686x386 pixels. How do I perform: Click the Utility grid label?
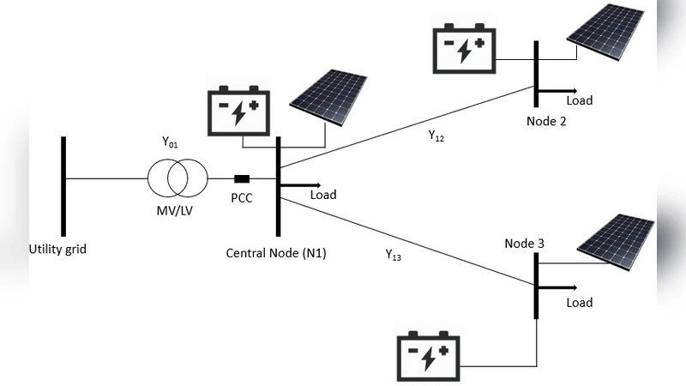[x=57, y=250]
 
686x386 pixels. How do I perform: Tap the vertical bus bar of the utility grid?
[x=63, y=185]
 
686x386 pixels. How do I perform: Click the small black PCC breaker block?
[x=242, y=178]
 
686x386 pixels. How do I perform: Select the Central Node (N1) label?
[x=276, y=253]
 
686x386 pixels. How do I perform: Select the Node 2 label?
[x=546, y=121]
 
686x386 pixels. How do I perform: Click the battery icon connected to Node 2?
[x=463, y=48]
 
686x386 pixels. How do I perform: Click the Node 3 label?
[x=524, y=243]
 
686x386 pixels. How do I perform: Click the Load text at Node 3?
[x=580, y=303]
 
